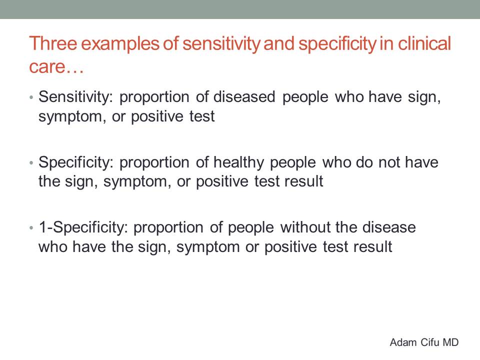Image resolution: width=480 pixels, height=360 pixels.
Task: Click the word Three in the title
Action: (53, 43)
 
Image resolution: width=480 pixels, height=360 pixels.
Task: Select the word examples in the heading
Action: (120, 44)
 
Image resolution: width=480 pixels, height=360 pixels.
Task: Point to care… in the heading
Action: (56, 66)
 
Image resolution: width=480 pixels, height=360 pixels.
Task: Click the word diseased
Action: (244, 96)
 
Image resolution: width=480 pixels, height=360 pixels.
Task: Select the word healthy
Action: (238, 162)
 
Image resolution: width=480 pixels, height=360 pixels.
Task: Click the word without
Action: (304, 227)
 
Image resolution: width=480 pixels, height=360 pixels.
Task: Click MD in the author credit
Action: (450, 342)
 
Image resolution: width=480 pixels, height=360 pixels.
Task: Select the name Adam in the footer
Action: (403, 342)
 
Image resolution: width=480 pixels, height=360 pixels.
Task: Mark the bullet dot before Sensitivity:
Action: (31, 98)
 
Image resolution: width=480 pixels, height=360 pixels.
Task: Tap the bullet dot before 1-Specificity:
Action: (31, 228)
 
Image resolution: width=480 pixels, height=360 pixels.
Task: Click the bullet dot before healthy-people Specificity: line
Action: (31, 163)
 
